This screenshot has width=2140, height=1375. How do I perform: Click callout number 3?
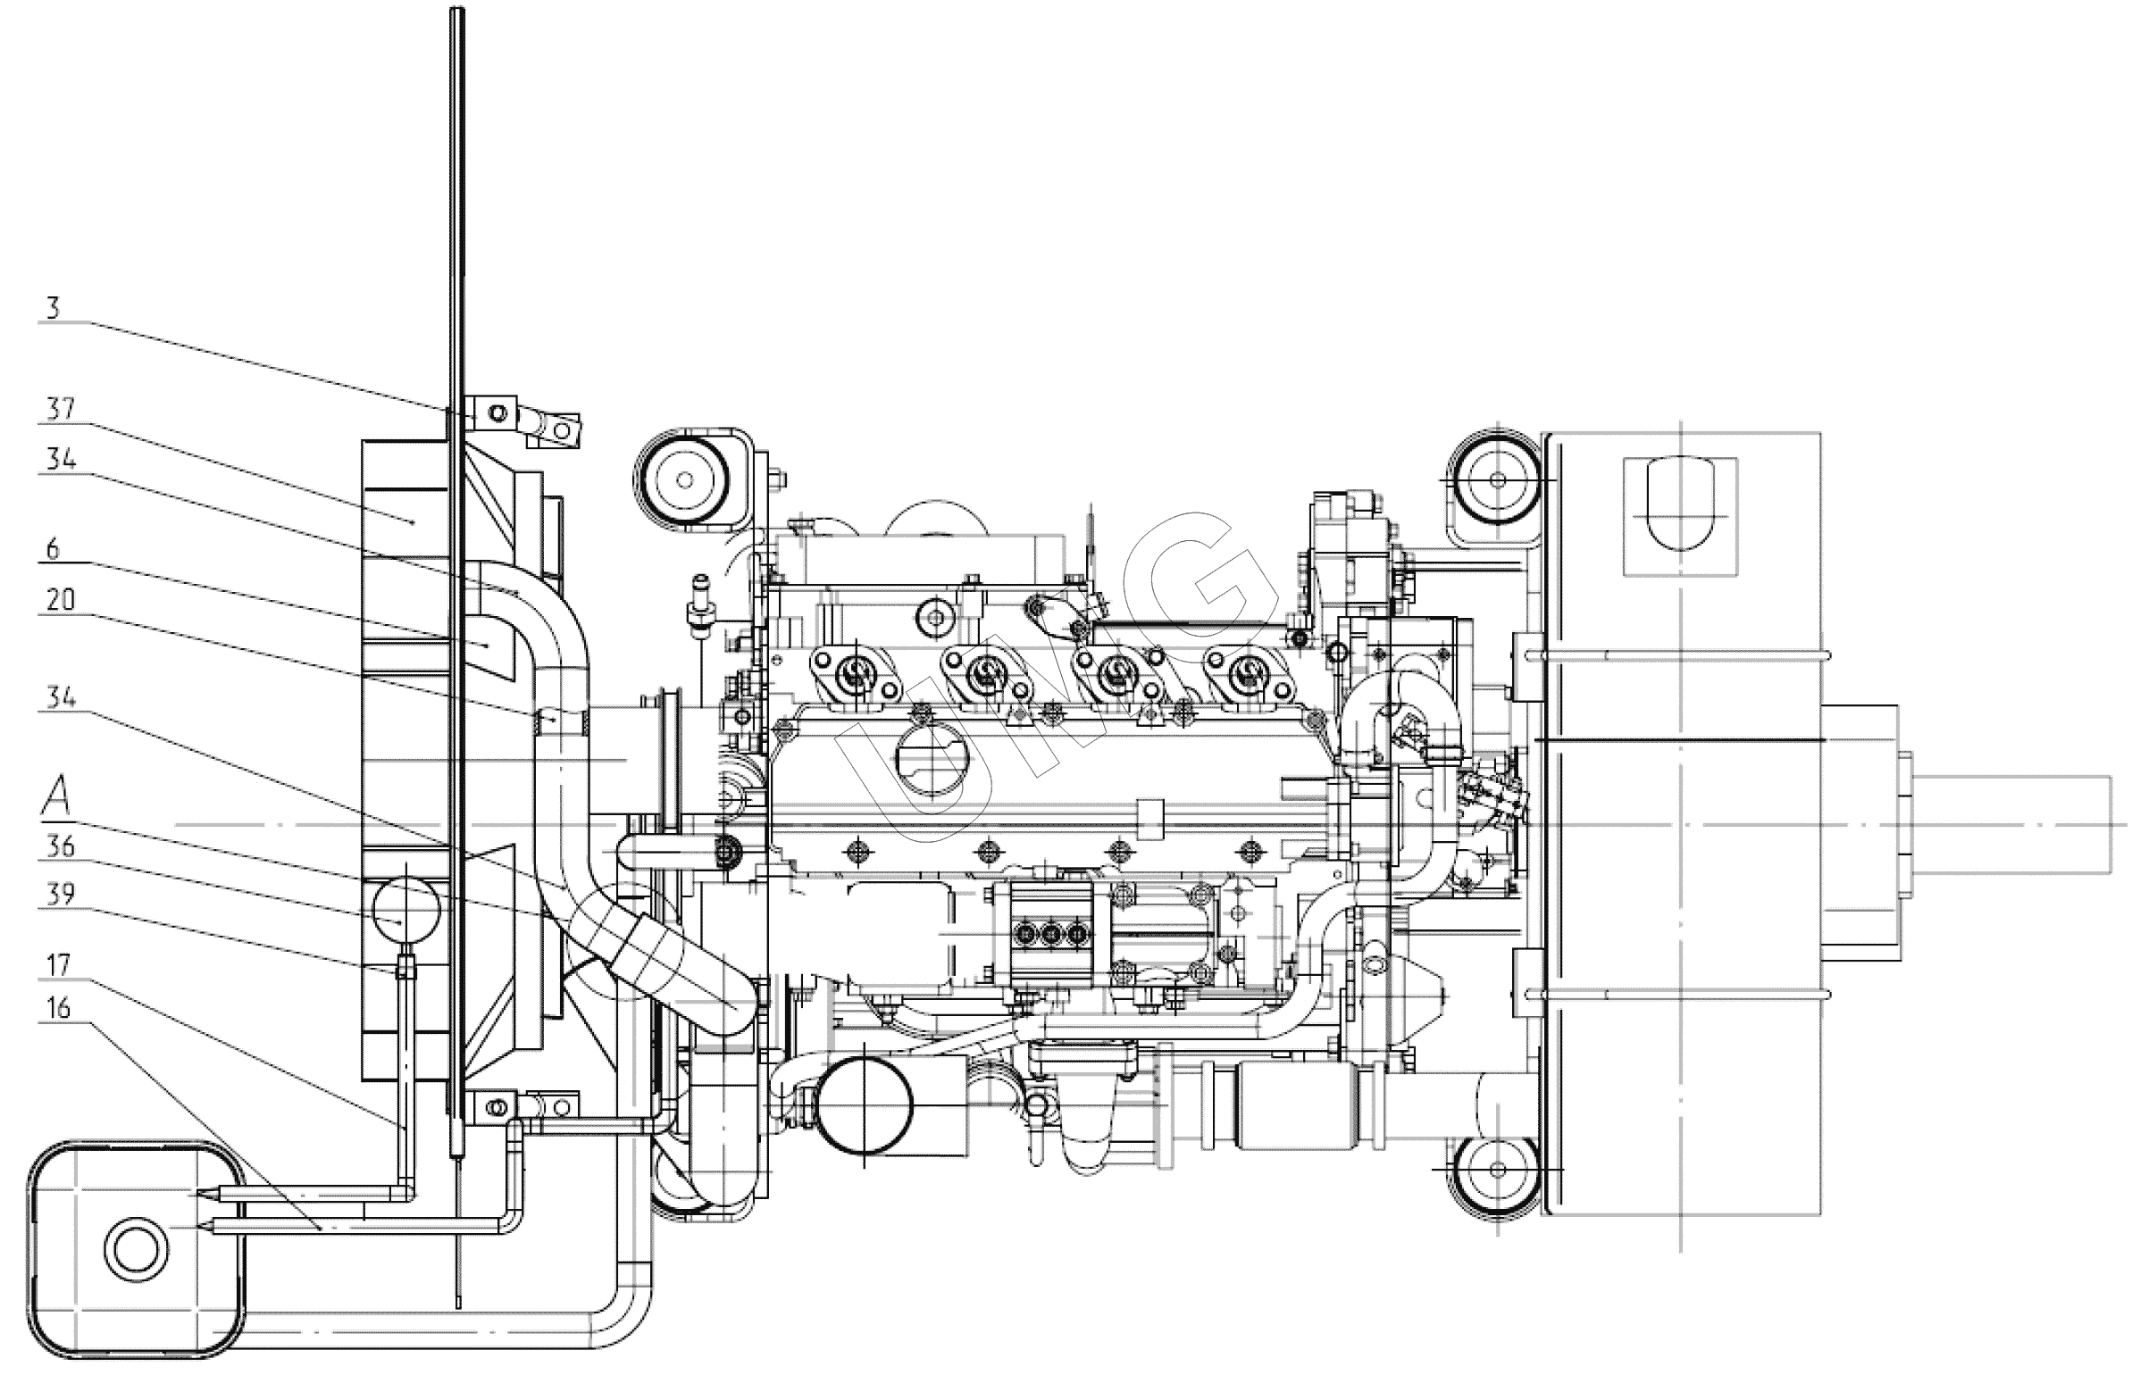pyautogui.click(x=53, y=309)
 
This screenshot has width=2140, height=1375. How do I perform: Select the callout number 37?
pyautogui.click(x=61, y=410)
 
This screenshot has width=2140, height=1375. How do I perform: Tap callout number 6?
pyautogui.click(x=53, y=549)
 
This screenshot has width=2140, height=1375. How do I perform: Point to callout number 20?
pyautogui.click(x=61, y=600)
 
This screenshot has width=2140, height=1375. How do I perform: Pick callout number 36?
pyautogui.click(x=61, y=846)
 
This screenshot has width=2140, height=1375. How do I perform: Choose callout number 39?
pyautogui.click(x=61, y=895)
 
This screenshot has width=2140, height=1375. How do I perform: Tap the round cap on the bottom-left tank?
pyautogui.click(x=135, y=1247)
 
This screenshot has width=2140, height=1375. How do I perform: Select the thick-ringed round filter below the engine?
pyautogui.click(x=865, y=1104)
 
